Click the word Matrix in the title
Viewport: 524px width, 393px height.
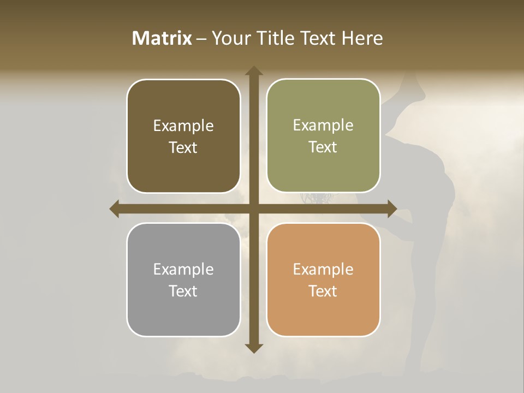coord(162,38)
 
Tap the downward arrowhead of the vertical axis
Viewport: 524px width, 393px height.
coord(254,348)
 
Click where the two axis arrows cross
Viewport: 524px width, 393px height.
coord(254,209)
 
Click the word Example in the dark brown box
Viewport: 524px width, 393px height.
coord(183,126)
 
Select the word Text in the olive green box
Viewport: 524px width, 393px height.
coord(323,147)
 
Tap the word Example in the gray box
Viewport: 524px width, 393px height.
coord(183,270)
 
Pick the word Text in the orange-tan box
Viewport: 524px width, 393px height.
coord(323,291)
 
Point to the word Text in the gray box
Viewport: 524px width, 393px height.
coord(183,291)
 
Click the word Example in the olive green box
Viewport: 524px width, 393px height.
coord(323,126)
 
